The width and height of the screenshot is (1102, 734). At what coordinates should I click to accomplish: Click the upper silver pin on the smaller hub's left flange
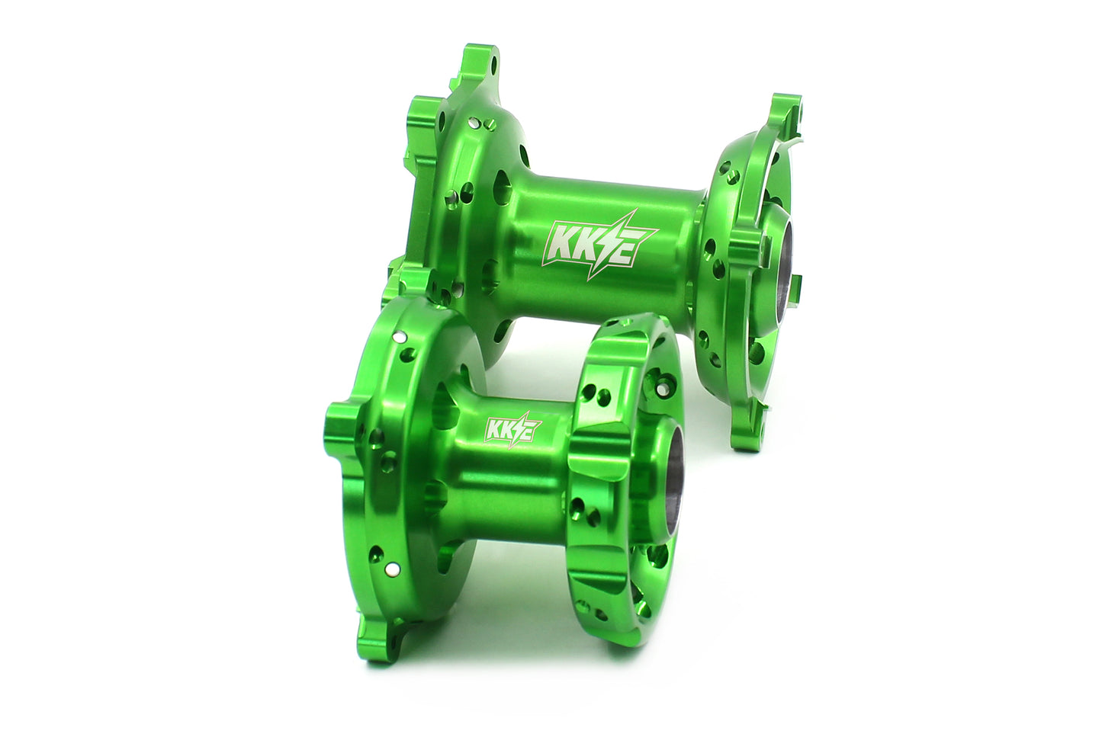[x=397, y=335]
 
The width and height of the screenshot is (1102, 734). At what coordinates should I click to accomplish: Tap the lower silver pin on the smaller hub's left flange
[x=390, y=567]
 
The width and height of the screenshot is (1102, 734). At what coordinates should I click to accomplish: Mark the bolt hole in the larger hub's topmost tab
[x=490, y=58]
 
